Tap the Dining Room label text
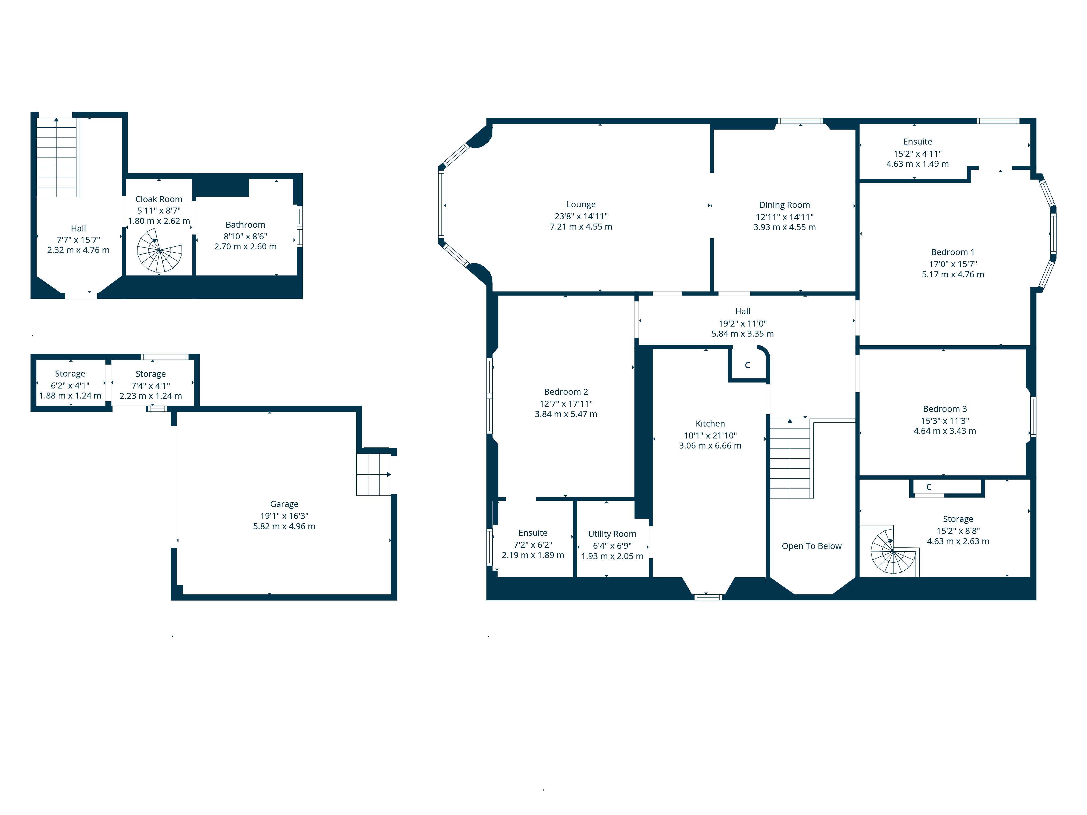tap(784, 205)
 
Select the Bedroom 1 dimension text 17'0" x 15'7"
tap(953, 264)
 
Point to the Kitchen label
tap(710, 424)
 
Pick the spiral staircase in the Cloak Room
tap(159, 250)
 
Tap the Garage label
tap(284, 504)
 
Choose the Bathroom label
tap(245, 224)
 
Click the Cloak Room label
tap(159, 199)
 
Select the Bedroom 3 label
tap(945, 409)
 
